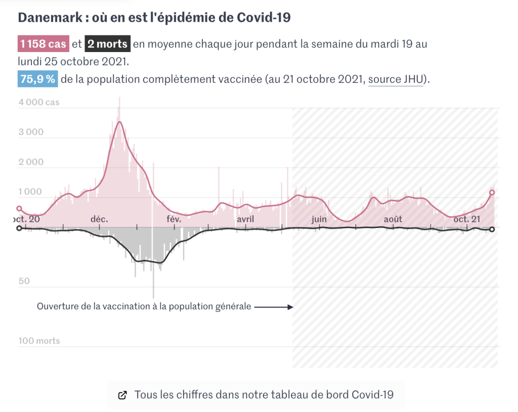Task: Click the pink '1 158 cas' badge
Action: tap(43, 44)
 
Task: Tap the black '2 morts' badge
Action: tap(107, 44)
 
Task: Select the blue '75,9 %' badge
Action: tap(37, 79)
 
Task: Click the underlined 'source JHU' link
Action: tap(395, 79)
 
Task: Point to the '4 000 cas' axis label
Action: tap(39, 102)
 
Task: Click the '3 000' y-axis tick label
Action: tap(31, 132)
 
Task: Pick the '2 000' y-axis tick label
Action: tap(31, 162)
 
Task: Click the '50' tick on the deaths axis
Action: tap(24, 281)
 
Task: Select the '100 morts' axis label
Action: tap(39, 341)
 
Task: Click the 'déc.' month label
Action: tap(99, 219)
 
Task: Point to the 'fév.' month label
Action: tap(173, 219)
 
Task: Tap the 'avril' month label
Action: tap(245, 219)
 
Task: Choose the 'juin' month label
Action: tap(319, 219)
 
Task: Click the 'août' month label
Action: tap(393, 219)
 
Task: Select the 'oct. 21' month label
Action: tap(466, 219)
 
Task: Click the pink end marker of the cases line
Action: tap(492, 192)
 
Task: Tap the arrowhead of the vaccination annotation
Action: tap(290, 306)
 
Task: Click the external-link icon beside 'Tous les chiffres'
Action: tap(122, 395)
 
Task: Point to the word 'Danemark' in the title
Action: tap(47, 18)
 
